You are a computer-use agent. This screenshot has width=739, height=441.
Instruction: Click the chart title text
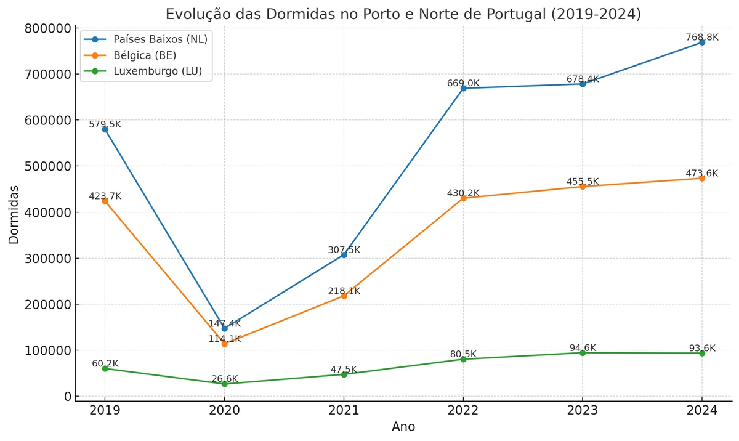click(403, 14)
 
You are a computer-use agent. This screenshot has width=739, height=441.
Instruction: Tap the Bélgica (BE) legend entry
click(145, 55)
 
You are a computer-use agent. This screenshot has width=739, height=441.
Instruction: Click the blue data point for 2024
click(702, 42)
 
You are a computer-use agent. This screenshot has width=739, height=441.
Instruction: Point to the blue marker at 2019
click(105, 129)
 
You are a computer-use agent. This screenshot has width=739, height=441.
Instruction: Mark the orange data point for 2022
click(463, 198)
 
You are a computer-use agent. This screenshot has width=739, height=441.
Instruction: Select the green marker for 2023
click(583, 353)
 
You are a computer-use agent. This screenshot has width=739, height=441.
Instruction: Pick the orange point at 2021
click(344, 296)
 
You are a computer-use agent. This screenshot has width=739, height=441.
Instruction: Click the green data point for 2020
click(224, 384)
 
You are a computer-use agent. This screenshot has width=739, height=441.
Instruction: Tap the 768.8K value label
click(702, 38)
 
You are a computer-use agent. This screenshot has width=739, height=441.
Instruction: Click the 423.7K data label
click(105, 196)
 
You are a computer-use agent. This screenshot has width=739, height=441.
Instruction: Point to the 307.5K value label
click(344, 250)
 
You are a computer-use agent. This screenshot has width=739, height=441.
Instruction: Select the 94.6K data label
click(583, 348)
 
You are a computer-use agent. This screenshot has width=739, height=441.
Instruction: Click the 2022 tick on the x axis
click(463, 410)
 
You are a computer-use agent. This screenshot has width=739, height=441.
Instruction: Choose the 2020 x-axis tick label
click(224, 410)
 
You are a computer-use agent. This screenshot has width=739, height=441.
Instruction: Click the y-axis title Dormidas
click(14, 214)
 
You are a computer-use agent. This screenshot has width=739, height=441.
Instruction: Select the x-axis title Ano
click(403, 427)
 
